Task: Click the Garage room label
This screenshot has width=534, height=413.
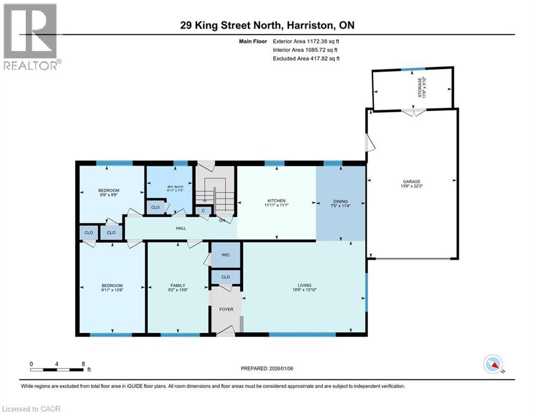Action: click(412, 182)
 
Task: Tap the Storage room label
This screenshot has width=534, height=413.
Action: click(420, 87)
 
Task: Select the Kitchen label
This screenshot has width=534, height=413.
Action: click(276, 201)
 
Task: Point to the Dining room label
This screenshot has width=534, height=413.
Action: click(340, 201)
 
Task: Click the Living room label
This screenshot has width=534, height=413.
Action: click(304, 286)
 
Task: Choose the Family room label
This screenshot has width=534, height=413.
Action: click(178, 286)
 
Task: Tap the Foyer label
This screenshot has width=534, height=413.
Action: click(226, 309)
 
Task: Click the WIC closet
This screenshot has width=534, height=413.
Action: click(225, 255)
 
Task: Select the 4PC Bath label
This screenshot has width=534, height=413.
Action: click(175, 187)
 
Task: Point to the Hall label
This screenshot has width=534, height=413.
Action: click(181, 228)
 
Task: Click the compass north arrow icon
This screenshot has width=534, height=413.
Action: click(493, 364)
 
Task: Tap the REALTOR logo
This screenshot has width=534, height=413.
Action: click(32, 37)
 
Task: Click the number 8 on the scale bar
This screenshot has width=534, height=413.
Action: click(83, 364)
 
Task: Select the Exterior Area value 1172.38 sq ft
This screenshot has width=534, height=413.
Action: click(323, 41)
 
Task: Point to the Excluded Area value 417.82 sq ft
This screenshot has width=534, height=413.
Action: click(325, 59)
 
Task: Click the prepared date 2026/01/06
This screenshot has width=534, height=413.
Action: click(281, 368)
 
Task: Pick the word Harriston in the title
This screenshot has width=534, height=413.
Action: click(309, 25)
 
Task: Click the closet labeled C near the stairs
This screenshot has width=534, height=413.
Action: click(203, 211)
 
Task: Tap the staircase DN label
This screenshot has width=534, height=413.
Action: click(222, 220)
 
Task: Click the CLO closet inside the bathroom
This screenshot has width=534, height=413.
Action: click(155, 207)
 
